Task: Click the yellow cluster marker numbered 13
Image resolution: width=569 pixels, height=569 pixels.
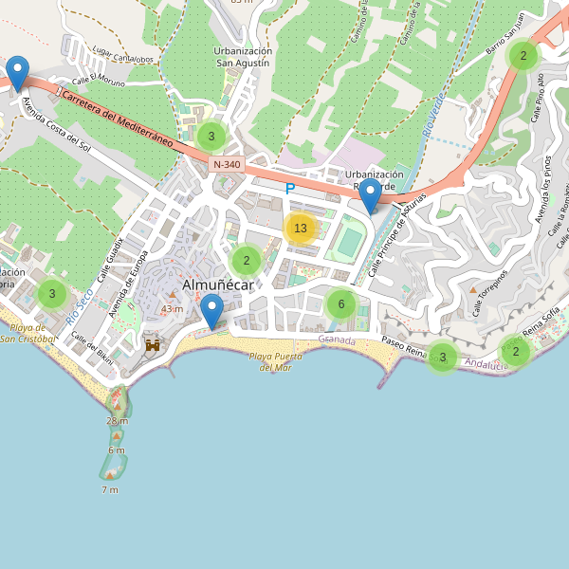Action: click(301, 229)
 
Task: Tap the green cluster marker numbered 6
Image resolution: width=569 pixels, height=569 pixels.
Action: click(340, 304)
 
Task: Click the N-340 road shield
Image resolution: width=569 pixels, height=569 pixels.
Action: click(228, 164)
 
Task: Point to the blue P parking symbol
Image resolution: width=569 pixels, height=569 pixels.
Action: click(290, 189)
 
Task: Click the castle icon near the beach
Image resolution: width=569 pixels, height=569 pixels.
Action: click(152, 346)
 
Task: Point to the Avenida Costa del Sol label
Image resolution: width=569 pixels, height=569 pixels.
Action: click(57, 124)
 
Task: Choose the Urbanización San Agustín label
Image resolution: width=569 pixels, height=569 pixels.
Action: click(243, 57)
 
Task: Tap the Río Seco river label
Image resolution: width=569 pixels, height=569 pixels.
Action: click(79, 308)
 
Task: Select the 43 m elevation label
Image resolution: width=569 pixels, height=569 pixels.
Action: click(172, 309)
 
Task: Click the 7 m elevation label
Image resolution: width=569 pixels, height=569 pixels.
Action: click(110, 489)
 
